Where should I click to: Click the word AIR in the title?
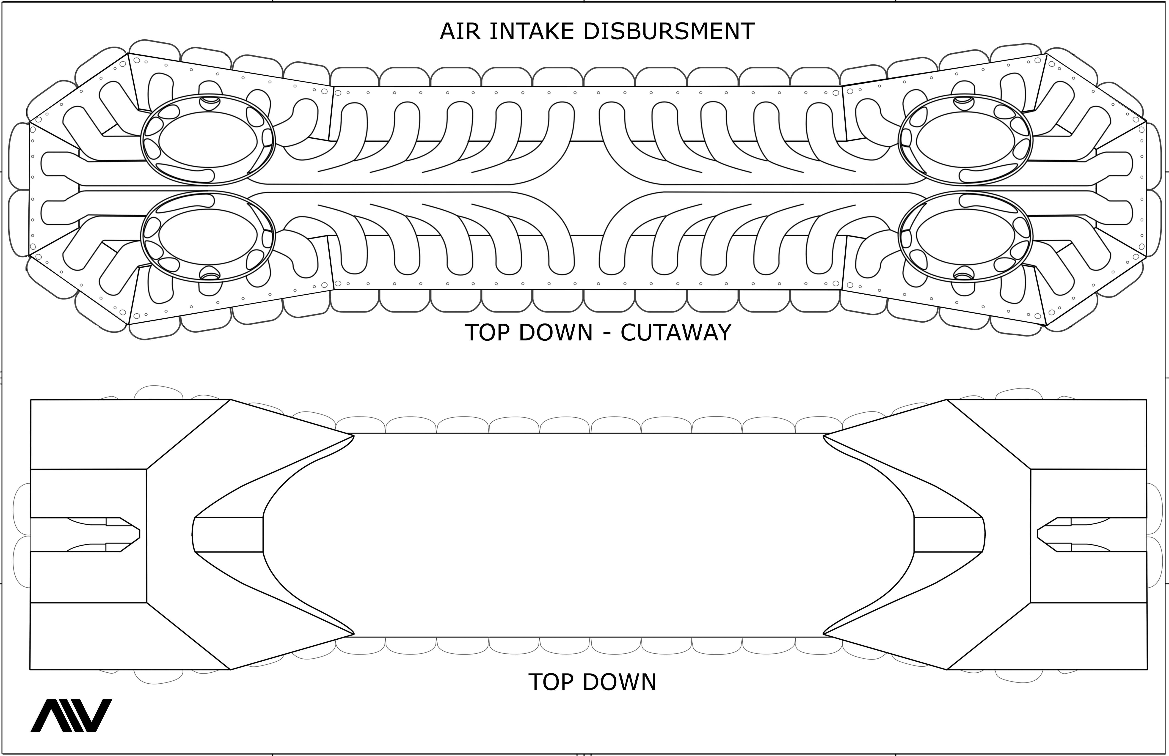coord(458,31)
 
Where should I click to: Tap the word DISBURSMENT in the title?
coord(668,31)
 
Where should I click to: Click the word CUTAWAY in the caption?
coord(676,333)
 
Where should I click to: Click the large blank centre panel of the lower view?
coord(589,535)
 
